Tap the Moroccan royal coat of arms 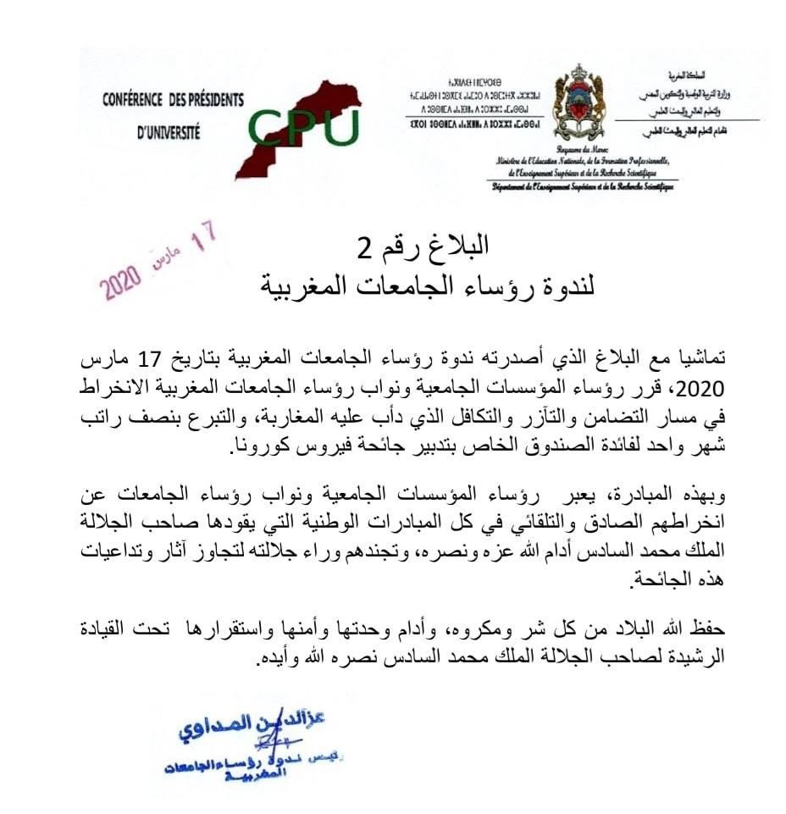(579, 104)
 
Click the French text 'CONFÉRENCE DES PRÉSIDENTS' (173, 100)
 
